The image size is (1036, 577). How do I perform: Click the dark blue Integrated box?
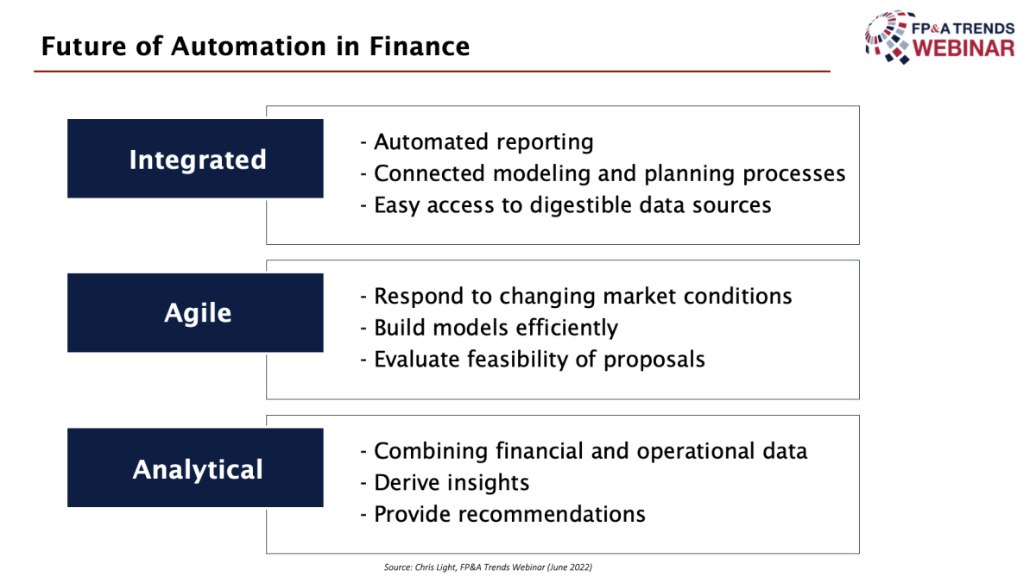tap(195, 159)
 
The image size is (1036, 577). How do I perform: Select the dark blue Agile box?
tap(195, 313)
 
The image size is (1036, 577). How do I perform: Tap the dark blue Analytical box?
tap(195, 467)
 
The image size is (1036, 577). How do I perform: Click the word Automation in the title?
tap(249, 47)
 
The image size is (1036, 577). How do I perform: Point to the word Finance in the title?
tap(420, 47)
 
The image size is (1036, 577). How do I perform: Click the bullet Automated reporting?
tap(477, 141)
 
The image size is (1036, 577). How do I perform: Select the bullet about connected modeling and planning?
tap(603, 174)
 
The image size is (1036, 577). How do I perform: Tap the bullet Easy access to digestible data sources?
tap(565, 205)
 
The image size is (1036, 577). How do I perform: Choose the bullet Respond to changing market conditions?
tap(576, 296)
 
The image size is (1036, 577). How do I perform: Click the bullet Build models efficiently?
tap(489, 328)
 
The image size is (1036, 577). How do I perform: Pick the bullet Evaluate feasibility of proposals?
tap(533, 360)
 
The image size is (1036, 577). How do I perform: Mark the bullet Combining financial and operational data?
tap(584, 451)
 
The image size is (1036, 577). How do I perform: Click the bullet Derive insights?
tap(445, 483)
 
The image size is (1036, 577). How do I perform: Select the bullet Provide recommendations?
tap(502, 514)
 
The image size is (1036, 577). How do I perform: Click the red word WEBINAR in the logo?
tap(963, 48)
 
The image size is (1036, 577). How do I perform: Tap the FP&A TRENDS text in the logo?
tap(963, 28)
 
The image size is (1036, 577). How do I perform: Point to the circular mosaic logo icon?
tap(888, 37)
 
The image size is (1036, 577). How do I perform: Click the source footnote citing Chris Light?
tap(488, 568)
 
